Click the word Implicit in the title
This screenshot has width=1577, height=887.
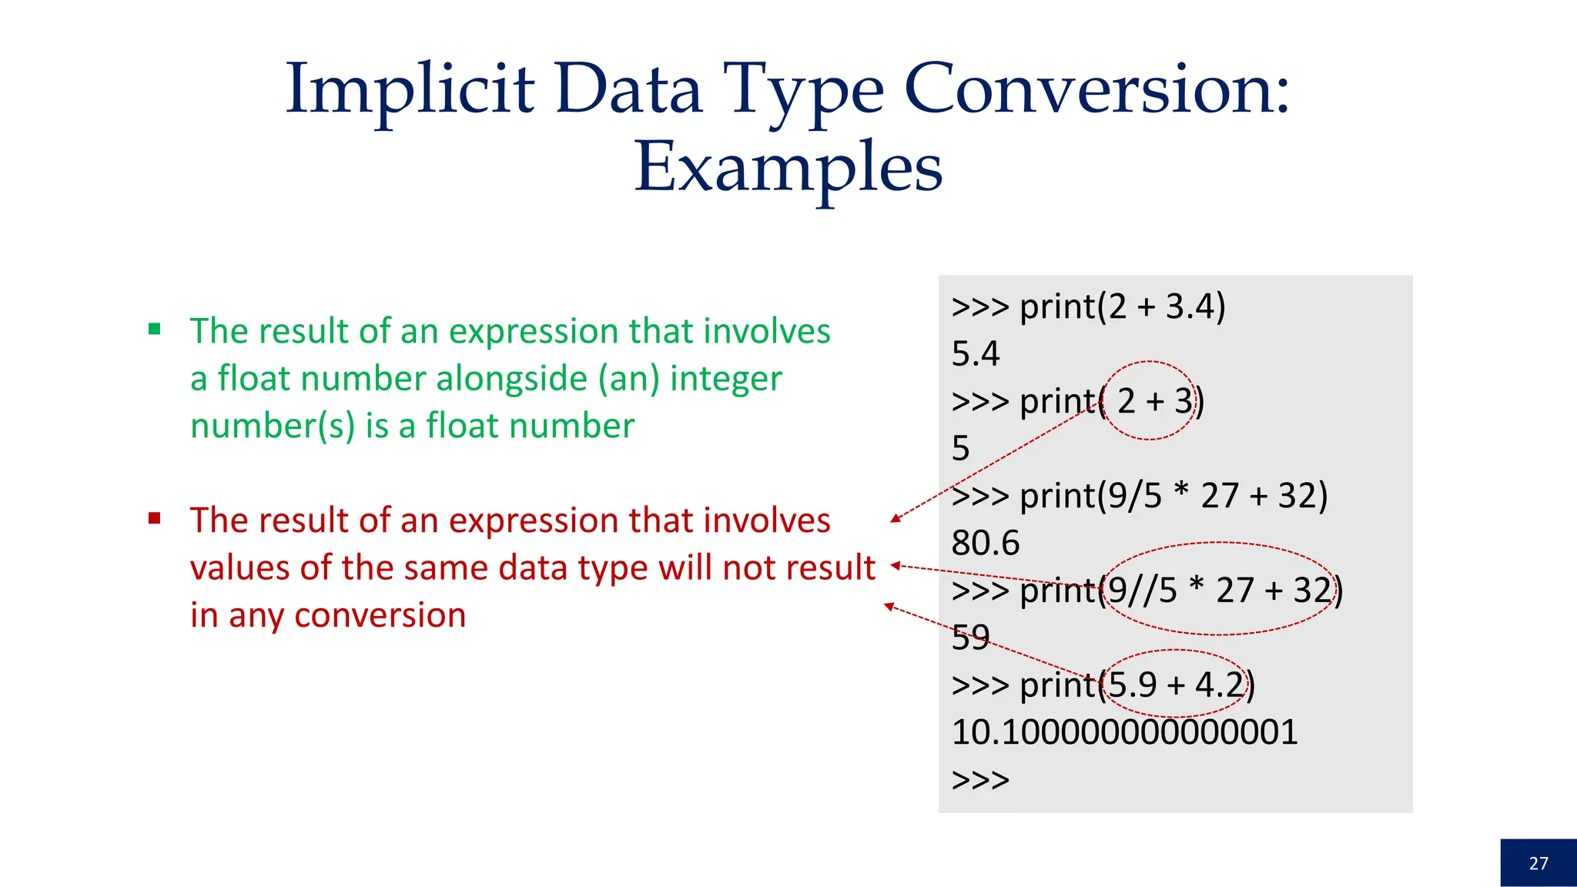tap(410, 90)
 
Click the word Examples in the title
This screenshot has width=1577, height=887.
tap(788, 168)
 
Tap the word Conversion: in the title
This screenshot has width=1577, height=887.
tap(1096, 90)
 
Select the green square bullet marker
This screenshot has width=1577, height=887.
tap(155, 330)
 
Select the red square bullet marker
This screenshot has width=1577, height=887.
tap(155, 518)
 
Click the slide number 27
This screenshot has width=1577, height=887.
tap(1538, 863)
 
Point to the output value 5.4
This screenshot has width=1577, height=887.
tap(975, 354)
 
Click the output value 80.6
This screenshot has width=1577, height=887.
tap(985, 543)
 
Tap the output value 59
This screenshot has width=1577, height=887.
tap(970, 638)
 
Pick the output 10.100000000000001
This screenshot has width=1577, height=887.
tap(1124, 732)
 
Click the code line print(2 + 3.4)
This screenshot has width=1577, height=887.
tap(1088, 306)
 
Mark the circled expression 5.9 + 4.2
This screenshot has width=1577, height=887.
tap(1174, 684)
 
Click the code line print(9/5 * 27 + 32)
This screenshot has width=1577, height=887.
tap(1140, 496)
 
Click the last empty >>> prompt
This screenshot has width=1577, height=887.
tap(980, 780)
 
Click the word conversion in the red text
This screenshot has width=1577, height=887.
tap(380, 615)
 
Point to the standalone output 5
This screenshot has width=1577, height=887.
tap(960, 449)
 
